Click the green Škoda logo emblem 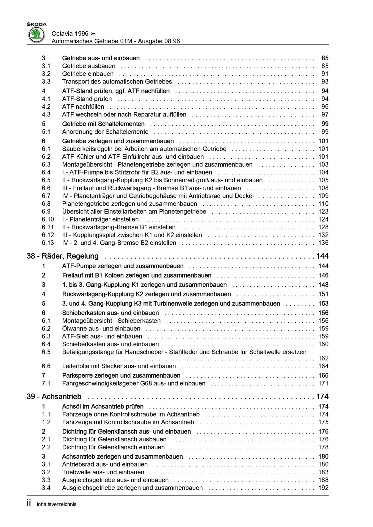(37, 35)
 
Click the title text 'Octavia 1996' (70, 34)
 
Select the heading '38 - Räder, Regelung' (62, 256)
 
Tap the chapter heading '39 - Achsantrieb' (54, 397)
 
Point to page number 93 (325, 82)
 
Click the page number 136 (323, 243)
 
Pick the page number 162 (323, 358)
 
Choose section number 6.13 (48, 243)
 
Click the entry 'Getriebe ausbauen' (89, 66)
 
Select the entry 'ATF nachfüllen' (83, 107)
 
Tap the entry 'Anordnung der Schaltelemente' (105, 132)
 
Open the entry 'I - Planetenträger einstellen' (100, 220)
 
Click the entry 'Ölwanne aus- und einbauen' (101, 329)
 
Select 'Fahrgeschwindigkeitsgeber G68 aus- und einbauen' (134, 383)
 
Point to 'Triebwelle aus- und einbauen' (103, 472)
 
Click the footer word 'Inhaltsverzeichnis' (57, 504)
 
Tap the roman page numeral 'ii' (29, 503)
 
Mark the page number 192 (323, 488)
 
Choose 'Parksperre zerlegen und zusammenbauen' (121, 375)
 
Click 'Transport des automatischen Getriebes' (117, 82)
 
